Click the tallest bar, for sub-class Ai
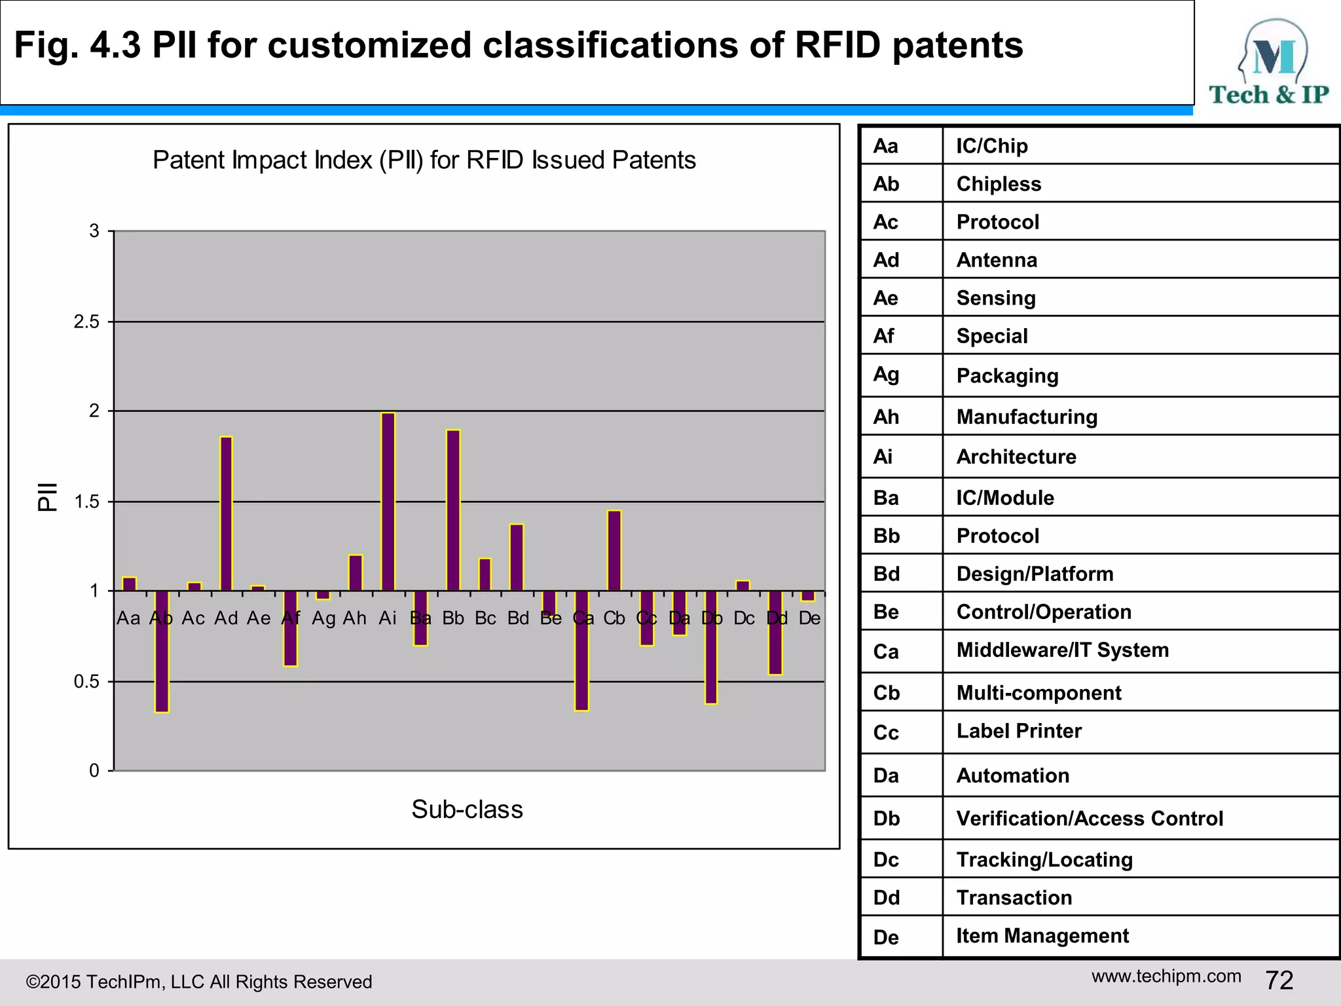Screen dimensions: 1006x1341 [x=388, y=502]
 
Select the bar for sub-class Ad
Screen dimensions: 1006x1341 [x=226, y=513]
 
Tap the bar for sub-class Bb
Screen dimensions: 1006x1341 [x=453, y=510]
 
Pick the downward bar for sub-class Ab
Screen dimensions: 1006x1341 [x=162, y=651]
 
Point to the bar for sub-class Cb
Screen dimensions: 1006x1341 [x=614, y=550]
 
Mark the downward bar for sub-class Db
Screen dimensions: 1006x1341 [x=711, y=647]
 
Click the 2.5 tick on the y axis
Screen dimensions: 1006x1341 [x=86, y=322]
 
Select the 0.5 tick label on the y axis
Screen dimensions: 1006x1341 [x=86, y=682]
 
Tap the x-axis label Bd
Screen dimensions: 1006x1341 [x=518, y=618]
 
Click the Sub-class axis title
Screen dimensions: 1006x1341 [x=467, y=810]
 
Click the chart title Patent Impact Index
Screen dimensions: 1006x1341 [x=424, y=160]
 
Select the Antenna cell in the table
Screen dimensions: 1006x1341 [x=997, y=260]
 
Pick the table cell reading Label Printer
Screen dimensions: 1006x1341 [x=1019, y=731]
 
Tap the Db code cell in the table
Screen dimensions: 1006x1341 [x=887, y=819]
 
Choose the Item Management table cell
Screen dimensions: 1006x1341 [x=1042, y=936]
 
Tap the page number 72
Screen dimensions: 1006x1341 [x=1279, y=980]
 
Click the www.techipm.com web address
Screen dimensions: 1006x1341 [x=1166, y=976]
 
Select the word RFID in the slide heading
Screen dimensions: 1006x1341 [x=837, y=45]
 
